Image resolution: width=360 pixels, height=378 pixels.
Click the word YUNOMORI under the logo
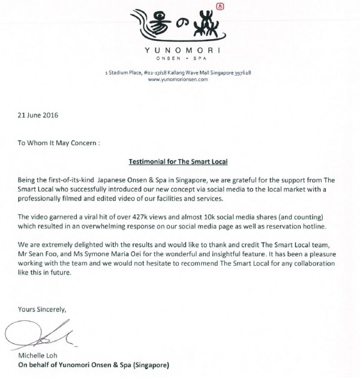(x=180, y=50)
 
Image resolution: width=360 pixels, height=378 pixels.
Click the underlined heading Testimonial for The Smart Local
(x=180, y=162)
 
